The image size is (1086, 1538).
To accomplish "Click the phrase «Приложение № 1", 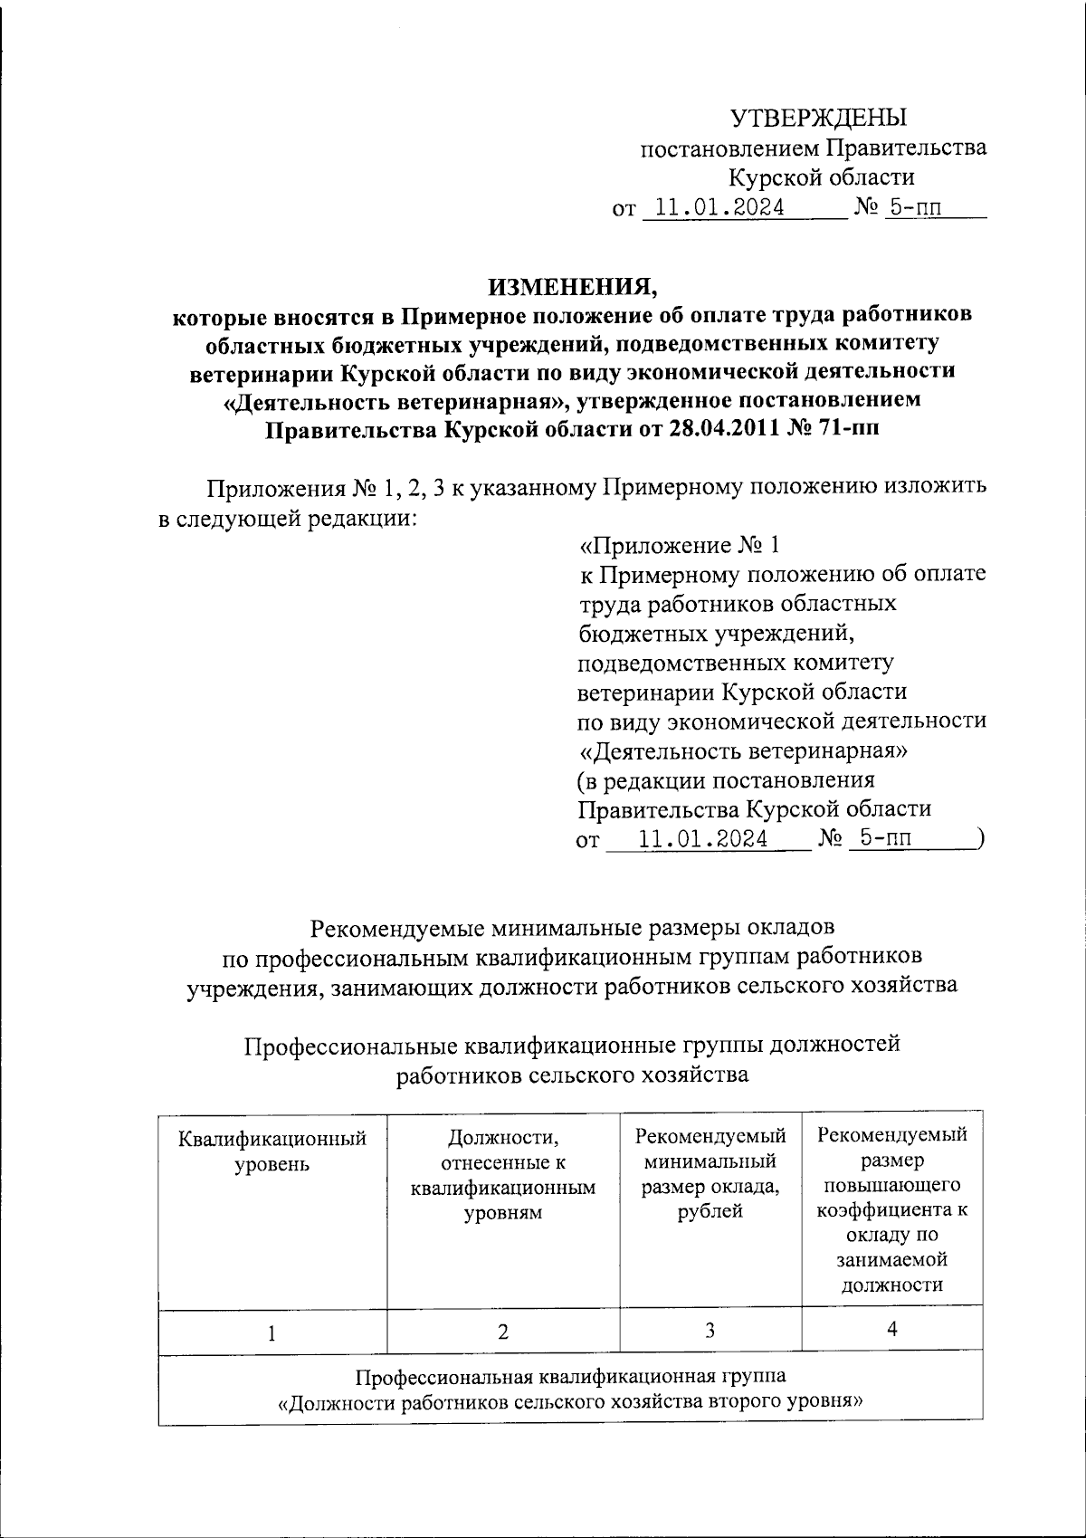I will point(679,546).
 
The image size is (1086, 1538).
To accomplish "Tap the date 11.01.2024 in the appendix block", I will point(703,839).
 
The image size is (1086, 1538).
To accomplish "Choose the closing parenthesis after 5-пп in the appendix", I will point(980,839).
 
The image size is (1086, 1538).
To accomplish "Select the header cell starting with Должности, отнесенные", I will point(503,1175).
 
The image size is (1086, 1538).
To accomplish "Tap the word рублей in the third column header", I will point(710,1211).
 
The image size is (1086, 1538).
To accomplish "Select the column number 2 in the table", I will point(503,1332).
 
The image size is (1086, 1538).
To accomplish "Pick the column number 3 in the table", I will point(710,1331).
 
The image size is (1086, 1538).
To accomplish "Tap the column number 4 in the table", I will point(892,1330).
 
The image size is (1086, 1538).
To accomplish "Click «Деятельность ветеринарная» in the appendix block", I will point(743,751).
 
